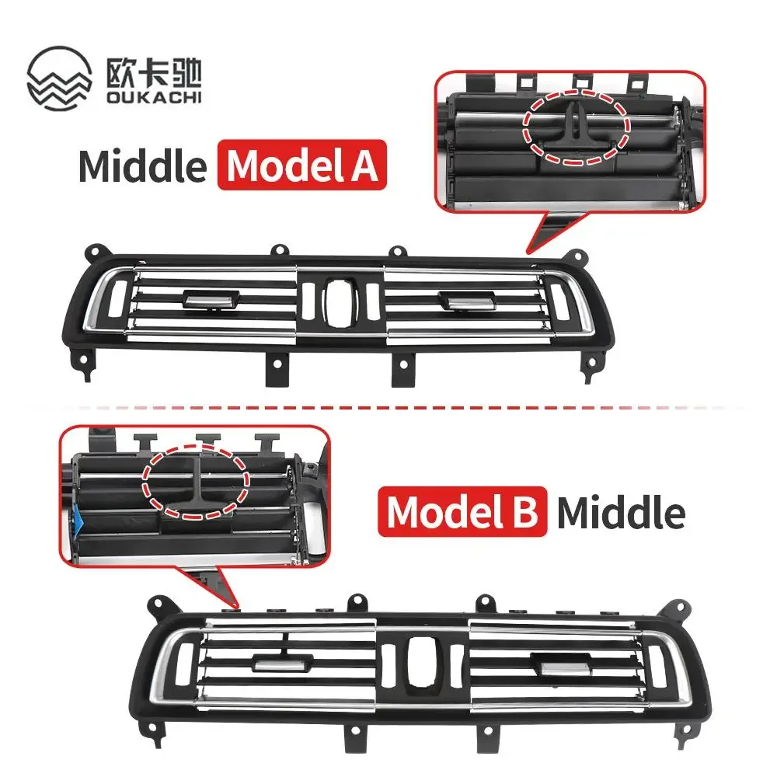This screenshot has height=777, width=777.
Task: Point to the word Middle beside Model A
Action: tap(142, 166)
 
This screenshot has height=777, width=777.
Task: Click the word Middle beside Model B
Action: tap(621, 514)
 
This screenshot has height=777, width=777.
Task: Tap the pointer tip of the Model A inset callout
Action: tap(529, 250)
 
